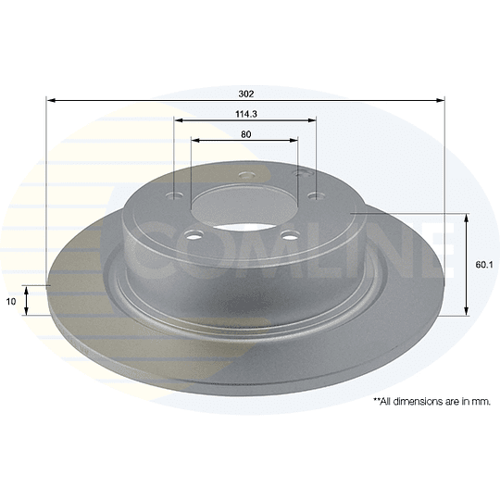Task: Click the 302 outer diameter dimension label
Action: coord(246,94)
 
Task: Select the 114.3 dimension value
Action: coord(246,114)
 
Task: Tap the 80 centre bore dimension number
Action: coord(246,134)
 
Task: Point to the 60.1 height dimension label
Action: coord(484,265)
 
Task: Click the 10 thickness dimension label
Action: coord(11,301)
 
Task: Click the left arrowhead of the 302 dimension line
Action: coord(51,100)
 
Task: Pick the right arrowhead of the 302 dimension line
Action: coord(440,100)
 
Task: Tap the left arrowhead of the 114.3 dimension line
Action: coord(179,120)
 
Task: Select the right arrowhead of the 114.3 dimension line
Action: coord(311,120)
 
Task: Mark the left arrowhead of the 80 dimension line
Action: coord(195,141)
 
